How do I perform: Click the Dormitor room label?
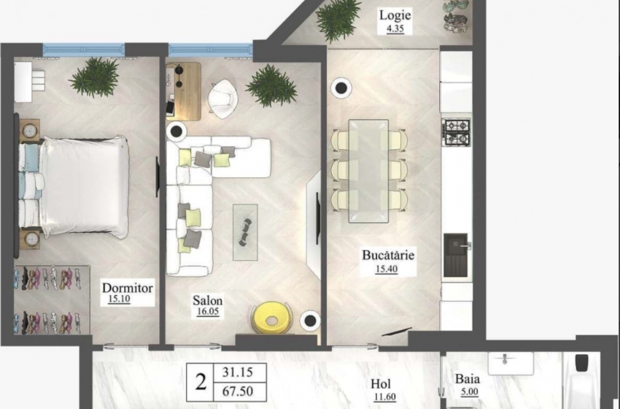point(128,288)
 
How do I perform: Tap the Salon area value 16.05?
point(208,312)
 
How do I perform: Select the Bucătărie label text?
point(388,255)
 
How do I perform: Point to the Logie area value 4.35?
point(395,29)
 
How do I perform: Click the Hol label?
point(381,383)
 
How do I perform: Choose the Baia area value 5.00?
point(469,392)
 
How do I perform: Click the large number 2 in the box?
point(201,382)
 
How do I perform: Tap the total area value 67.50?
point(238,391)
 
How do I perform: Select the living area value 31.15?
point(237,372)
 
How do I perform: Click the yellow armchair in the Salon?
point(271,318)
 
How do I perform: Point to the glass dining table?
point(368,171)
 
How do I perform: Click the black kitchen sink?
point(455,256)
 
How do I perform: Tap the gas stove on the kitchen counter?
point(457,133)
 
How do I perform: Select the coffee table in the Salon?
point(245,232)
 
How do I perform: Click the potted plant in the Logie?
point(338,20)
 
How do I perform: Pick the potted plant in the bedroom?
point(94,77)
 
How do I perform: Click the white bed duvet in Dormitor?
point(85,186)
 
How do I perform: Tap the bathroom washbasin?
point(511,363)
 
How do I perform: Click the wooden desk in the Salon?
point(184,91)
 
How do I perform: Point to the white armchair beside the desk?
point(223,99)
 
